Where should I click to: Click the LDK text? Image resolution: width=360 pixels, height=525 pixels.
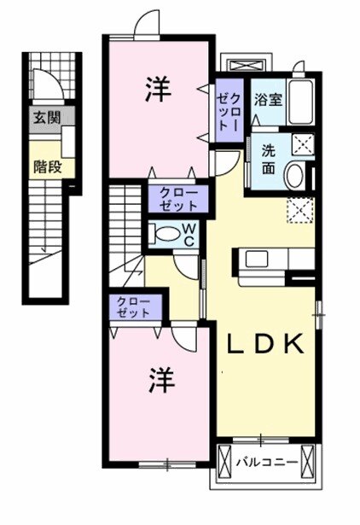(x=264, y=345)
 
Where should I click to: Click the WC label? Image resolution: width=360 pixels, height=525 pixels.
(x=189, y=232)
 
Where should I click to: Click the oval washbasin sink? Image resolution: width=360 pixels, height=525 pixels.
(x=295, y=176)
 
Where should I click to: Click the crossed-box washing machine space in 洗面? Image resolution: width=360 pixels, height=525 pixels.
(x=302, y=144)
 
